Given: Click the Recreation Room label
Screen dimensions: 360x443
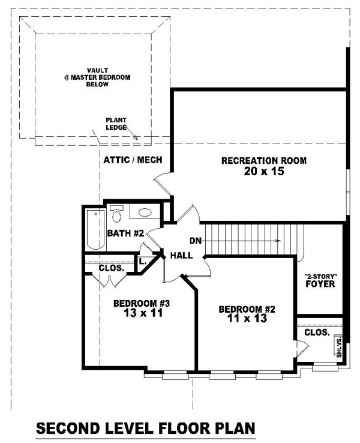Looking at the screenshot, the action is click(264, 161).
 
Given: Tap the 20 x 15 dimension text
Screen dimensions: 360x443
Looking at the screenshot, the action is click(264, 171).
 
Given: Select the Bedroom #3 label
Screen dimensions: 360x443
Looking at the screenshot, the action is click(142, 303).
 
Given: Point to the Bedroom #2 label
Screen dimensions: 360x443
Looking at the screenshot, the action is click(247, 309).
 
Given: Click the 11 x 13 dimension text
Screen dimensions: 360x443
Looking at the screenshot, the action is click(247, 318).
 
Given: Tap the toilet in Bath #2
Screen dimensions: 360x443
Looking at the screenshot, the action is click(116, 214).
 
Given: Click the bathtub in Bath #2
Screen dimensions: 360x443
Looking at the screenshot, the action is click(95, 229).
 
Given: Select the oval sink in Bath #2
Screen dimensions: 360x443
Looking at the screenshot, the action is click(145, 212).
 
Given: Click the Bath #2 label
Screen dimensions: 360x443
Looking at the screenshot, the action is click(125, 234).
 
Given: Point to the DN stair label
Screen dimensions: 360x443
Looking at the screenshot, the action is click(196, 241).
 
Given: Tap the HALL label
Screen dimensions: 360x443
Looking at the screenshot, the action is click(182, 255).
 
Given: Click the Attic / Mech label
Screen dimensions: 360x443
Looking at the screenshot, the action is click(133, 160).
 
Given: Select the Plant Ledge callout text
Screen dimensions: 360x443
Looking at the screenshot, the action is click(116, 124).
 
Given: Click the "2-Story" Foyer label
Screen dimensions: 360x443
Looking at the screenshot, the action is click(320, 280).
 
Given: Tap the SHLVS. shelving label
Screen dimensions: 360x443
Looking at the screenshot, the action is click(339, 346).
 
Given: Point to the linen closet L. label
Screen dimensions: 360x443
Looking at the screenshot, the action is click(143, 262).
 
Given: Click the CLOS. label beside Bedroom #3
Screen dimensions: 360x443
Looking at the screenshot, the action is click(111, 268).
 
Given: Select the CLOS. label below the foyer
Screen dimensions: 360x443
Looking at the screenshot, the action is click(317, 333).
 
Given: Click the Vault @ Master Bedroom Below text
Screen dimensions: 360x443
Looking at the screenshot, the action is click(97, 77).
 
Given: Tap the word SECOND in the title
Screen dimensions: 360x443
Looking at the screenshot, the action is click(68, 429).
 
